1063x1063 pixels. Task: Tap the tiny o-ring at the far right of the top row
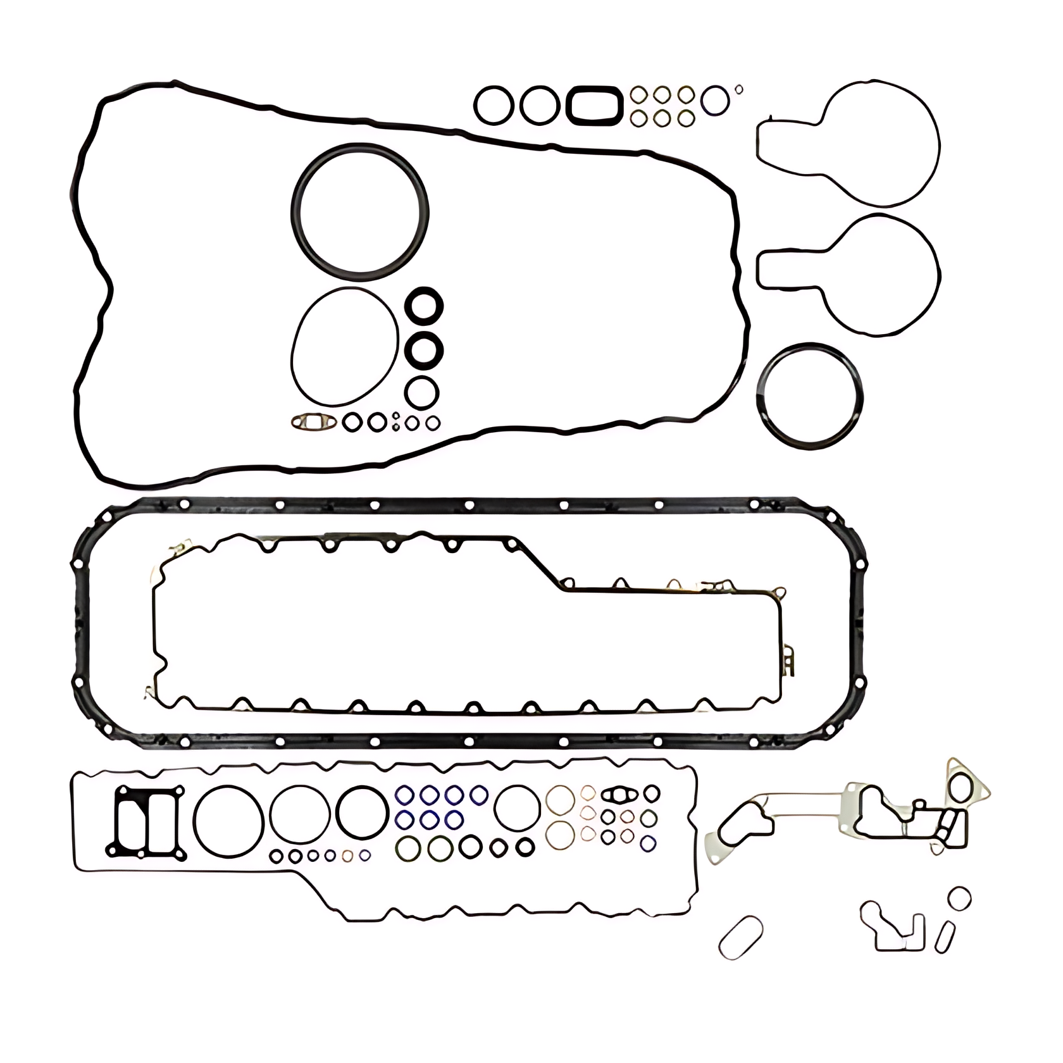click(x=738, y=90)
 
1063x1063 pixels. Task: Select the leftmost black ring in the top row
click(x=494, y=105)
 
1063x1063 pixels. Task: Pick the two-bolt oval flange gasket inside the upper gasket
click(x=314, y=421)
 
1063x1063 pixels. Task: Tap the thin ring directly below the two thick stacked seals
click(x=422, y=393)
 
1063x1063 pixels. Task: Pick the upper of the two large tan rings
click(x=560, y=800)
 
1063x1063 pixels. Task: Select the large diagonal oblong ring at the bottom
click(x=741, y=936)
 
